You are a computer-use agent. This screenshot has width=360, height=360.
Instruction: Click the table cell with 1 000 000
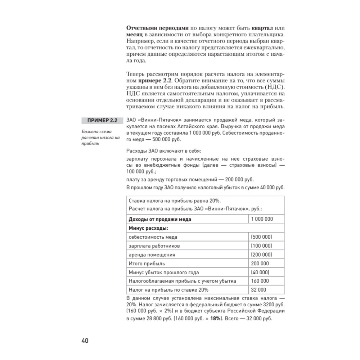click(x=262, y=219)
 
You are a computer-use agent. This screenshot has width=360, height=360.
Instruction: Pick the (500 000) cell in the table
click(x=261, y=237)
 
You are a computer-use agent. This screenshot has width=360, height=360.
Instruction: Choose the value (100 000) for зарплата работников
click(x=261, y=246)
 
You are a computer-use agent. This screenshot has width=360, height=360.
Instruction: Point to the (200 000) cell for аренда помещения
click(x=261, y=255)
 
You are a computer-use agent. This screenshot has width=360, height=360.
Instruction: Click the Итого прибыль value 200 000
click(x=260, y=264)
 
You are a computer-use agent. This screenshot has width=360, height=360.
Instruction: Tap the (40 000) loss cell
click(x=260, y=272)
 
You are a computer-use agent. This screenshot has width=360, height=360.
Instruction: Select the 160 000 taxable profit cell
click(x=260, y=281)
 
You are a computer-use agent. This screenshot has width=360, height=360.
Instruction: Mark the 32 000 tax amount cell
click(x=258, y=290)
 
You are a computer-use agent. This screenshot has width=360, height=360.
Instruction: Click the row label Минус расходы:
click(x=149, y=228)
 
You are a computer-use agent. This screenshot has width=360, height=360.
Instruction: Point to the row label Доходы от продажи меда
click(x=160, y=219)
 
